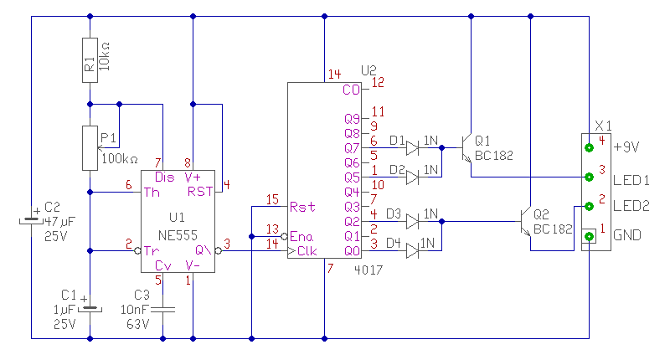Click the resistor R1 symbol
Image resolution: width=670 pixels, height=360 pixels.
click(x=89, y=59)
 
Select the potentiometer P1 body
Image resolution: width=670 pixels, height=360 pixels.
click(x=89, y=147)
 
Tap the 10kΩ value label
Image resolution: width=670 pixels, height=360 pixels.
click(x=105, y=59)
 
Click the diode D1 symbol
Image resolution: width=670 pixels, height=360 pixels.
click(x=412, y=148)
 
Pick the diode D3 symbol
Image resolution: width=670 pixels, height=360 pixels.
click(x=412, y=221)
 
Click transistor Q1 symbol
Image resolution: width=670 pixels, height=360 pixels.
click(x=466, y=148)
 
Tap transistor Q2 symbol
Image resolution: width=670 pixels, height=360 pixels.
click(x=525, y=221)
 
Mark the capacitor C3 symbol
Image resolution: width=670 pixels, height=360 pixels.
click(x=163, y=309)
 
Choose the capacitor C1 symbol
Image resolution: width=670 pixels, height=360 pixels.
click(x=89, y=309)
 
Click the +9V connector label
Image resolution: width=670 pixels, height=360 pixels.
click(x=627, y=147)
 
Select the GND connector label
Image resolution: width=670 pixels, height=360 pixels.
click(x=627, y=236)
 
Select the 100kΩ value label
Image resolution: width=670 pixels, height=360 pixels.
click(x=119, y=158)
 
